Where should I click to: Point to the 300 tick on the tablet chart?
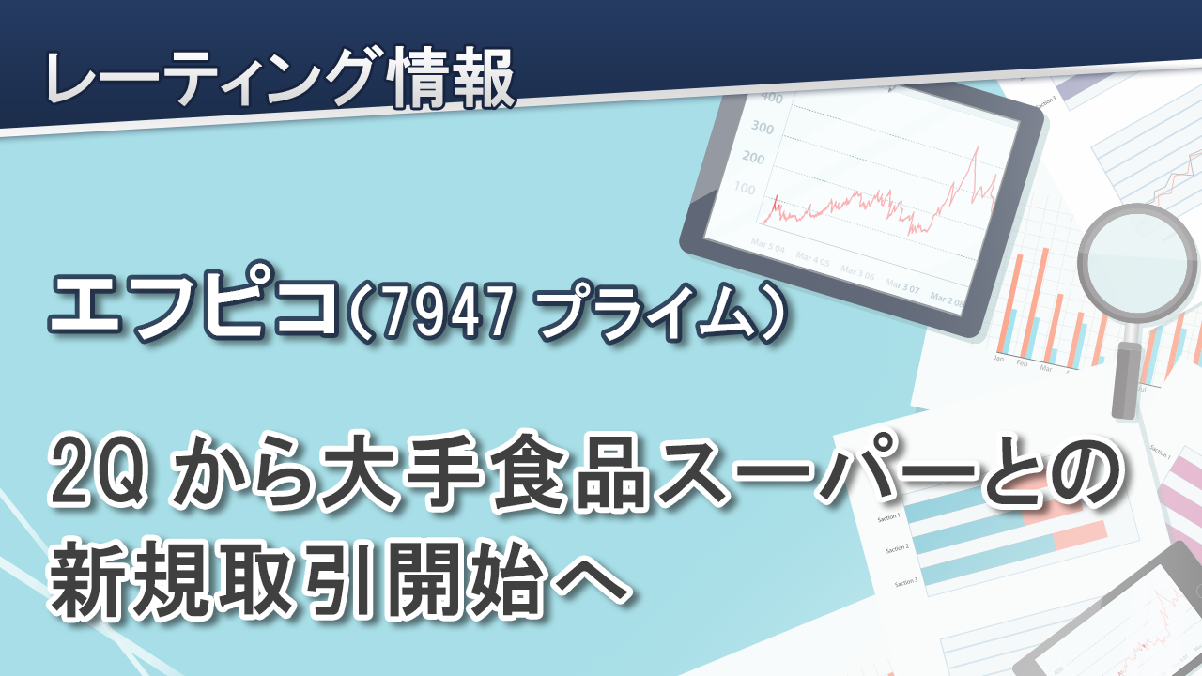(x=763, y=128)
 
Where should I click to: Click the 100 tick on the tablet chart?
(x=745, y=189)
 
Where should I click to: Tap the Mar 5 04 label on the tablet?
(x=768, y=246)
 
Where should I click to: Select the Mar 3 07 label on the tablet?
(x=902, y=285)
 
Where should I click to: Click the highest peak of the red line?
(x=976, y=147)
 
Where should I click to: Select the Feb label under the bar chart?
(x=1022, y=363)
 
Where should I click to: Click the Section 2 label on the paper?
(x=897, y=549)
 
